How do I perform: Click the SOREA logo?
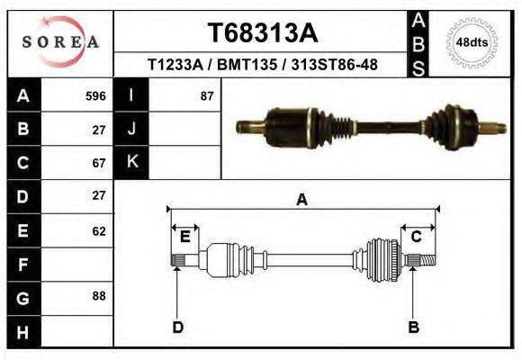tap(59, 42)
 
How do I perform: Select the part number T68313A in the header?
tap(263, 33)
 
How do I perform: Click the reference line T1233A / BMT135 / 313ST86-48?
tap(263, 66)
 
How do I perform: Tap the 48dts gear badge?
tap(473, 42)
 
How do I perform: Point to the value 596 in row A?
tap(95, 95)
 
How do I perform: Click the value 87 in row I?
tap(206, 95)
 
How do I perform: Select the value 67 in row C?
tap(99, 163)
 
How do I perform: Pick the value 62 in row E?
tap(99, 230)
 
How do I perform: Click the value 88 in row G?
tap(99, 295)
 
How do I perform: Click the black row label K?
tap(132, 162)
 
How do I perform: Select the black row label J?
tap(132, 129)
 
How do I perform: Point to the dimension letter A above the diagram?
tap(301, 201)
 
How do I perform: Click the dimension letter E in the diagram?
tap(184, 237)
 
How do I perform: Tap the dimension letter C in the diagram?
tap(417, 237)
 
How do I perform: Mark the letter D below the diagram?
tap(177, 327)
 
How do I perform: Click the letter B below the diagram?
tap(414, 327)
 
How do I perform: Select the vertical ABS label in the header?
tap(418, 43)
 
